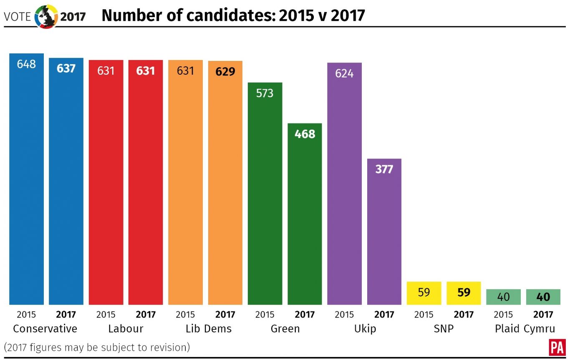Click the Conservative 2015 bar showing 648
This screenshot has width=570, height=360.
(x=26, y=179)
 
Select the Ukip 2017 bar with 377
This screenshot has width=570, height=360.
(x=384, y=232)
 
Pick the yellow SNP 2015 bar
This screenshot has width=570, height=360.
(x=424, y=293)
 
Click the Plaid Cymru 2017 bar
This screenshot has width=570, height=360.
(x=543, y=297)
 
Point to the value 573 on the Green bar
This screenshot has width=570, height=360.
(x=265, y=93)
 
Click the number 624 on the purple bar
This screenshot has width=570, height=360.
(x=344, y=73)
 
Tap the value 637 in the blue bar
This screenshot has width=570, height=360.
(x=66, y=68)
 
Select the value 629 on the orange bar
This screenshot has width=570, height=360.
(x=225, y=72)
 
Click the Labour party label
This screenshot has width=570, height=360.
(x=126, y=329)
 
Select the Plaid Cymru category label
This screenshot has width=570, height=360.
(x=525, y=329)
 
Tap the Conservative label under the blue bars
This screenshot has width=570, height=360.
(x=45, y=329)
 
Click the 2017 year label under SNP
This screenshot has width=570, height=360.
(x=464, y=315)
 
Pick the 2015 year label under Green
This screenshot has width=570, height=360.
(x=265, y=315)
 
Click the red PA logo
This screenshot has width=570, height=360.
(x=556, y=347)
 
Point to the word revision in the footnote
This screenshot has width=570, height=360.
(x=170, y=347)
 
